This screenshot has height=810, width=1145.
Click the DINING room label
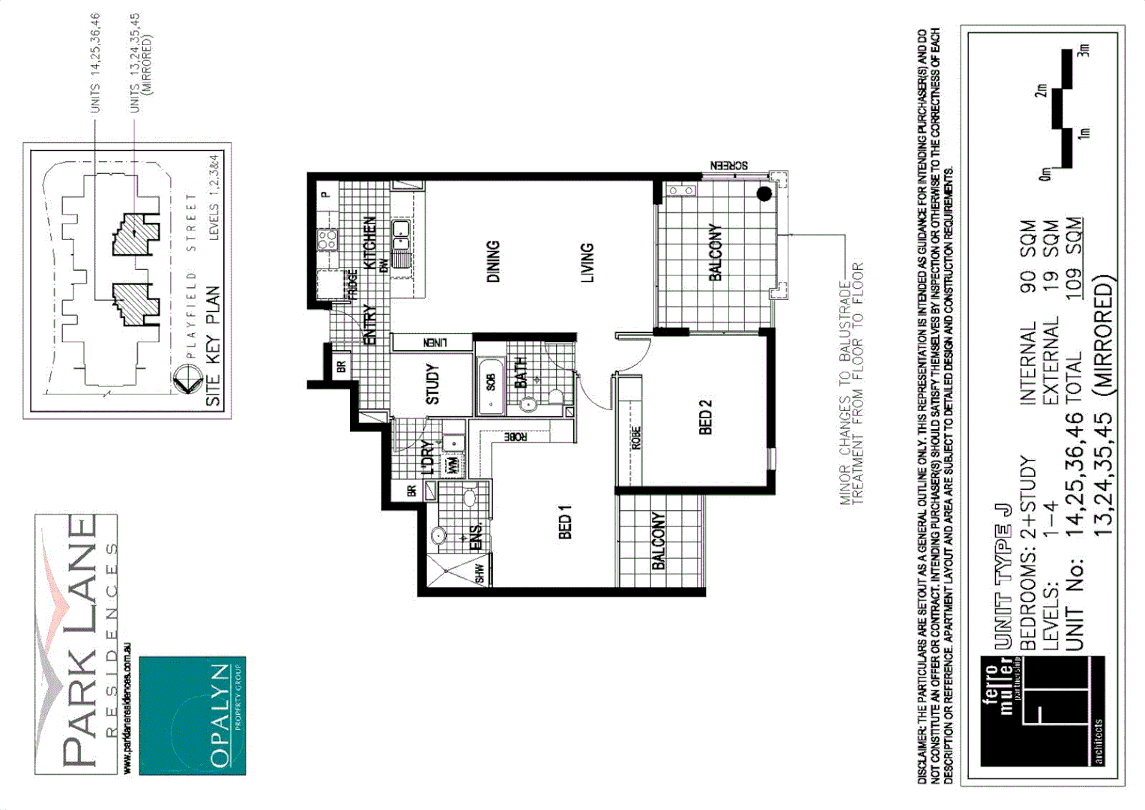[493, 262]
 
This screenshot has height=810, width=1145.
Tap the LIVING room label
[587, 262]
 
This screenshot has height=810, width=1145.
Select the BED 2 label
[705, 417]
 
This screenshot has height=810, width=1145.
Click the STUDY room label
[432, 385]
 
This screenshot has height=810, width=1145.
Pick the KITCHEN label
[369, 242]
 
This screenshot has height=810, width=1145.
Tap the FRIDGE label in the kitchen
[353, 285]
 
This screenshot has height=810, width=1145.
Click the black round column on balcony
[764, 194]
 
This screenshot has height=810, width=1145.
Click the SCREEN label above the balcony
[728, 166]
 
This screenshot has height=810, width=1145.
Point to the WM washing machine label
[453, 466]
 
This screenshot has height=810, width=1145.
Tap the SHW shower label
[480, 572]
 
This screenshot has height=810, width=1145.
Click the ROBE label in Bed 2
[636, 438]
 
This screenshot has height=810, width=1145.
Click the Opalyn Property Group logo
[193, 715]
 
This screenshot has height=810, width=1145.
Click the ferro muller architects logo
[1042, 712]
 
